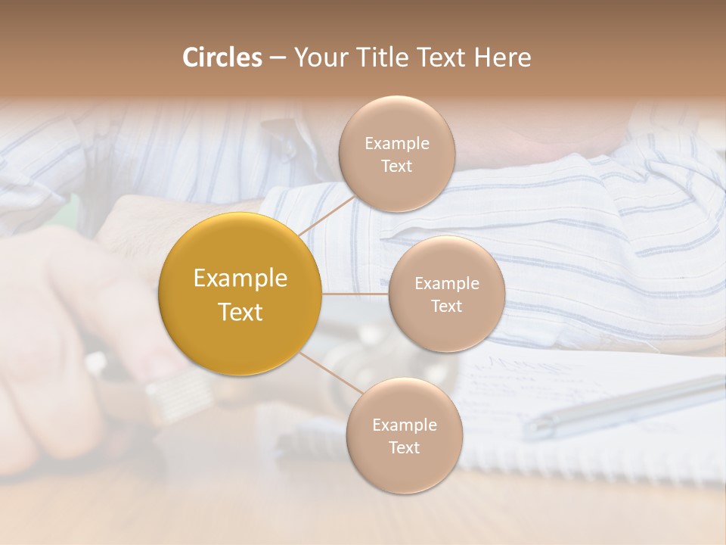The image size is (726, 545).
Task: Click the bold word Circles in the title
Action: pos(222,58)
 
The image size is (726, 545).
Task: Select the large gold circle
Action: pos(240,294)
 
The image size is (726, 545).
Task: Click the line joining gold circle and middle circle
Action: pos(355,294)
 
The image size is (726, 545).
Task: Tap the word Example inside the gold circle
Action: pos(240,279)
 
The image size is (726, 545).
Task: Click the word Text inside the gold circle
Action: pos(240,312)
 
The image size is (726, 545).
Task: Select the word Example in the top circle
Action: pos(396,144)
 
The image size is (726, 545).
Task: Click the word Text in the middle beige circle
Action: pos(446,306)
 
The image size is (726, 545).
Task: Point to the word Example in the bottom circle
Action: pos(404,425)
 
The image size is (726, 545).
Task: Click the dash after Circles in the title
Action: pos(277,58)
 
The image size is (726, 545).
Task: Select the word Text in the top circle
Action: pos(396,167)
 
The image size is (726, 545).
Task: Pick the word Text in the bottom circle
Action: pos(404,448)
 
